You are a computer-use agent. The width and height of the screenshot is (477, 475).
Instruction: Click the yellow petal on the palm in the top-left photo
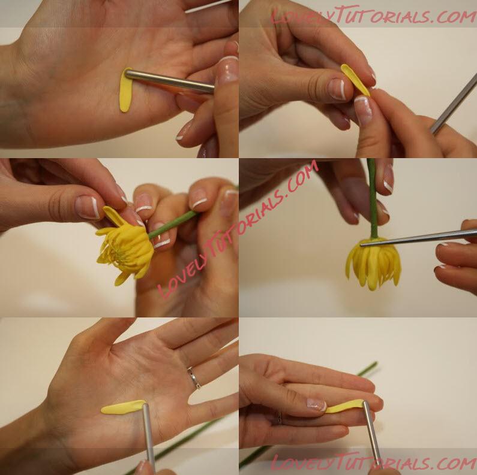pyautogui.click(x=125, y=91)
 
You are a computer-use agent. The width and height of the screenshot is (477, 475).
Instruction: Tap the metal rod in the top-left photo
pyautogui.click(x=170, y=81)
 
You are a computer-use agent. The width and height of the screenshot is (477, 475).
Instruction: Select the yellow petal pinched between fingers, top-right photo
pyautogui.click(x=355, y=80)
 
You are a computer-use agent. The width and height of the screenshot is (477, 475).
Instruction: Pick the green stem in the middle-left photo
pyautogui.click(x=172, y=225)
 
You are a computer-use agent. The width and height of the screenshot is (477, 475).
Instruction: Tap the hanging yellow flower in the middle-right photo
pyautogui.click(x=374, y=264)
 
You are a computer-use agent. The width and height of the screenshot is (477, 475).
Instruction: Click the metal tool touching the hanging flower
pyautogui.click(x=418, y=237)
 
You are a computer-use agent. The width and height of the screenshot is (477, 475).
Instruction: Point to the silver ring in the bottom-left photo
pyautogui.click(x=194, y=377)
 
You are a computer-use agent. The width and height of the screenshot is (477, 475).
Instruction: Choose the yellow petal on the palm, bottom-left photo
pyautogui.click(x=123, y=407)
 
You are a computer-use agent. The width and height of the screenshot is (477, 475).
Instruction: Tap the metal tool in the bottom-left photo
pyautogui.click(x=149, y=437)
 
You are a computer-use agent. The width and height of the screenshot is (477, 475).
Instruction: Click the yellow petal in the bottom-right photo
pyautogui.click(x=344, y=406)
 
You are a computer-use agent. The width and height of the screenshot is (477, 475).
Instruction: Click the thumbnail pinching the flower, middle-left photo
pyautogui.click(x=88, y=207)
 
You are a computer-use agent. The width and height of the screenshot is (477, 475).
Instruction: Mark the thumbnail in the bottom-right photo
pyautogui.click(x=316, y=404)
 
